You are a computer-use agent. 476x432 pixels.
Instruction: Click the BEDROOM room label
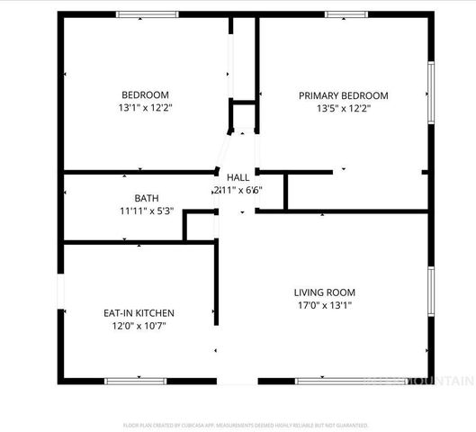[x=145, y=95]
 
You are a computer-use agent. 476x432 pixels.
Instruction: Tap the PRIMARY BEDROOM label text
[x=343, y=95]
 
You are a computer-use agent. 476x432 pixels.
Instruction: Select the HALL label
[x=238, y=177]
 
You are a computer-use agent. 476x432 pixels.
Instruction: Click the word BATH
[x=146, y=198]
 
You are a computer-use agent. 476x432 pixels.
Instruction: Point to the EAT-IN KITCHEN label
[x=138, y=313]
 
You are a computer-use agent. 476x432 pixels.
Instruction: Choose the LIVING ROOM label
[x=324, y=292]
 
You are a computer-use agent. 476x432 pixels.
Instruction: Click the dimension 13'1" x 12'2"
[x=145, y=108]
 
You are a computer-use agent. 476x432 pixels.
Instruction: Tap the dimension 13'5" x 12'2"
[x=343, y=108]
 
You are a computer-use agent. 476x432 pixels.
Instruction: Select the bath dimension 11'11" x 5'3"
[x=146, y=211]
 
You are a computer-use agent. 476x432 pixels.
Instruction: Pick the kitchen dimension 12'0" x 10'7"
[x=138, y=326]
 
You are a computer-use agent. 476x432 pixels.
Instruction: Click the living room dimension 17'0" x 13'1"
[x=324, y=305]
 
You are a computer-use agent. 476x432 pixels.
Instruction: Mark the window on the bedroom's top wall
[x=147, y=14]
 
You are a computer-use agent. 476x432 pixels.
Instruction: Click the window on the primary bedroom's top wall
[x=346, y=14]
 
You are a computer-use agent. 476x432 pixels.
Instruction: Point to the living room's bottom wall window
[x=342, y=381]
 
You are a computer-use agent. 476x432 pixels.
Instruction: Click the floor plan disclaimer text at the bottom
[x=246, y=425]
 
